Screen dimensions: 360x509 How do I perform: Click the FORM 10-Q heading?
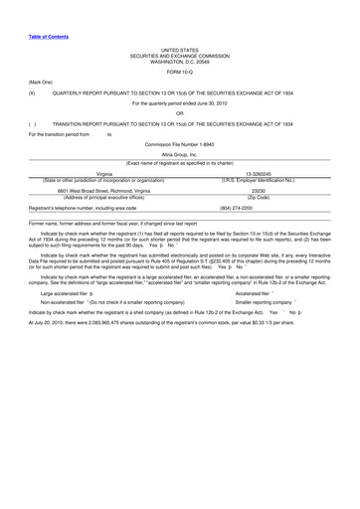pos(180,73)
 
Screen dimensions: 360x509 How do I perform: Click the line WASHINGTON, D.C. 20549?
pos(180,59)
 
